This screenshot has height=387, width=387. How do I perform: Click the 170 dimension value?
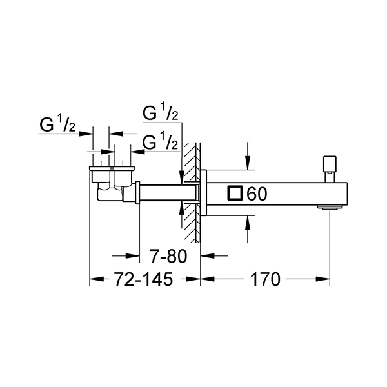point(265,279)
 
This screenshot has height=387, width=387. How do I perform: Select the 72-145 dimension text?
point(144,279)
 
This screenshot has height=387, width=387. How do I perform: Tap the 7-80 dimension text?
point(169,256)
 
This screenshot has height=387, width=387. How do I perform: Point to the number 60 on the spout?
point(257,193)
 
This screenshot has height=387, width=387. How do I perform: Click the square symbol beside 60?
point(235,192)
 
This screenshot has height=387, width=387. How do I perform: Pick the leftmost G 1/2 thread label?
point(57,124)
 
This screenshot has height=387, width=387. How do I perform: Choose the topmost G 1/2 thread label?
point(161,112)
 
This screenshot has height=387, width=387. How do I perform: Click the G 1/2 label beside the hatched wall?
point(161,142)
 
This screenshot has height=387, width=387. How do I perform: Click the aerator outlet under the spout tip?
point(330,207)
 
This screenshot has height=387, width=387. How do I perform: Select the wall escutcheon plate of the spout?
point(203,192)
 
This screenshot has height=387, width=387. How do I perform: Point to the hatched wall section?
point(191,192)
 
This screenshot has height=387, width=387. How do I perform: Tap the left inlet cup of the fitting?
point(101,175)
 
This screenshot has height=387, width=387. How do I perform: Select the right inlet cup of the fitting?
point(123,175)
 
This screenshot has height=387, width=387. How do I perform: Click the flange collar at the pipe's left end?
point(138,192)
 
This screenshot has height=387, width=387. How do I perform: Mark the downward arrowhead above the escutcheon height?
point(248,163)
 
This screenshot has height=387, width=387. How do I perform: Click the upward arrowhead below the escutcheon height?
point(248,223)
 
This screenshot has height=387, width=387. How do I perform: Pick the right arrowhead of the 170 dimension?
point(322,279)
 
